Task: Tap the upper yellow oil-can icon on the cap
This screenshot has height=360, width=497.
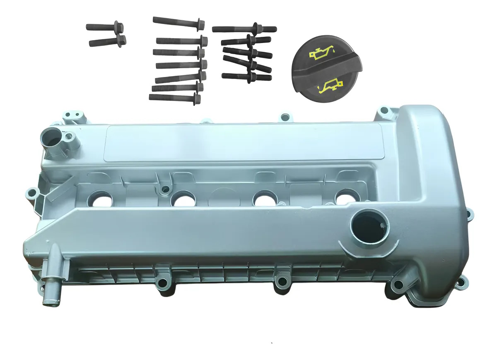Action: point(318,53)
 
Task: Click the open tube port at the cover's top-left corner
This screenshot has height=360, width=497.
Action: point(51,139)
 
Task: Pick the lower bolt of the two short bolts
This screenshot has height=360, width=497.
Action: point(107,41)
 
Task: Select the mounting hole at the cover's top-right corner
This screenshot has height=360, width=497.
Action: point(384,110)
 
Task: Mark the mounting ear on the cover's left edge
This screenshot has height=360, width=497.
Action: point(31,192)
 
